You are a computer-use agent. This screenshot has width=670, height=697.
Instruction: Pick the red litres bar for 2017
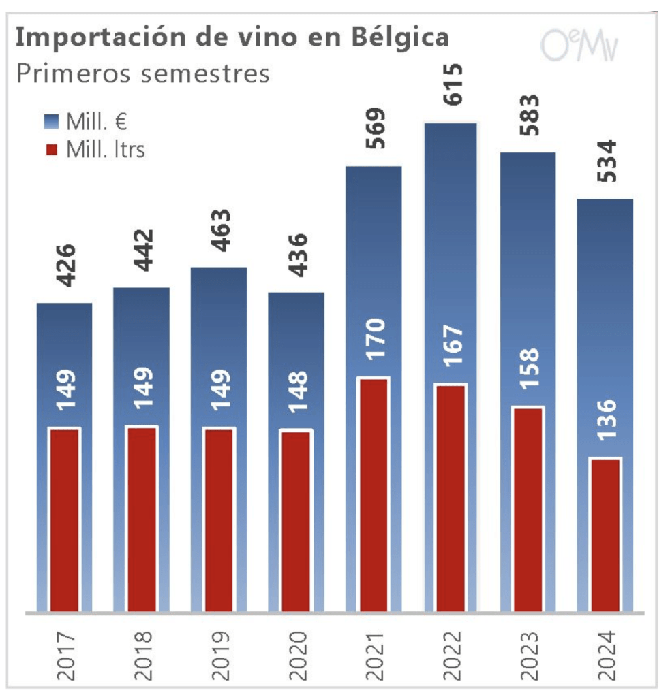(64, 519)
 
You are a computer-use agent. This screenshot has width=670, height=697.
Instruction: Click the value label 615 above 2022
(451, 84)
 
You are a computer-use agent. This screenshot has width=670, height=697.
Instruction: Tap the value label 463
(219, 231)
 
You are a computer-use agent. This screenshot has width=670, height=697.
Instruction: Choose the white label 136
(605, 422)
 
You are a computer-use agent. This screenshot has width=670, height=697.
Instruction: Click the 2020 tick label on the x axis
(296, 656)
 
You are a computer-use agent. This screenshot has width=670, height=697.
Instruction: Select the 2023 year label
(528, 656)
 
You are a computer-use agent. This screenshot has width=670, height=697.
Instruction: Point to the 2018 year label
(142, 656)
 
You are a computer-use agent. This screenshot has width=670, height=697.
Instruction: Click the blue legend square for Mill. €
(52, 123)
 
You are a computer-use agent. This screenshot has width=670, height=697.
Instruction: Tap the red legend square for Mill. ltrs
(52, 149)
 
